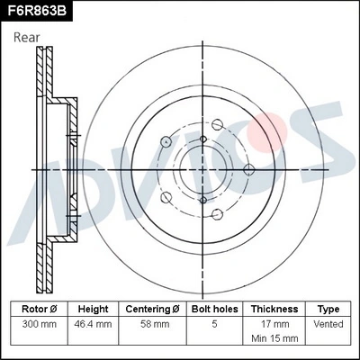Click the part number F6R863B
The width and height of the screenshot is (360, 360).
tap(37, 11)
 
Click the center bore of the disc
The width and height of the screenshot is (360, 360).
tap(204, 168)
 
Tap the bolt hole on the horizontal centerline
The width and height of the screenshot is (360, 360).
tap(247, 168)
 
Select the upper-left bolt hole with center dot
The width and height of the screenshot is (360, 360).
tap(166, 140)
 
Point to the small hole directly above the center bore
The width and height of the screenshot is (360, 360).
tap(204, 137)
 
